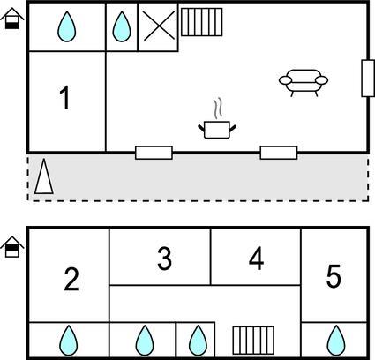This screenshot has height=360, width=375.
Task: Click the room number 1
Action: pos(64,97)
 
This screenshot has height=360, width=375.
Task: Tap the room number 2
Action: pos(71,279)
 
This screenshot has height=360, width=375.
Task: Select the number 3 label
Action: pos(164,259)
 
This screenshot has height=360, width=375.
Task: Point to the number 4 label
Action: pos(256,259)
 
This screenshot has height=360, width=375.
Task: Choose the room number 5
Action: pos(334,276)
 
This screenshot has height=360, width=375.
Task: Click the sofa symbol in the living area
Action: pos(304,83)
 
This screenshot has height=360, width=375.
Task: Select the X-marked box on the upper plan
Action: pos(158,26)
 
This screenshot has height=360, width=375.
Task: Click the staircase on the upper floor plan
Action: pos(201,22)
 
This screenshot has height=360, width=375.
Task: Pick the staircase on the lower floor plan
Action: pos(253,341)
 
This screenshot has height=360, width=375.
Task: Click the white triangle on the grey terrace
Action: pos(44,176)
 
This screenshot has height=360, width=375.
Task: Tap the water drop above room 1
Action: pos(67,26)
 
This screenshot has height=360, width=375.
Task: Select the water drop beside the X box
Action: pos(122,26)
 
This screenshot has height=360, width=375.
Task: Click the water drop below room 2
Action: pos(69,341)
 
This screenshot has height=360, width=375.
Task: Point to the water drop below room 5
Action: pos(336,341)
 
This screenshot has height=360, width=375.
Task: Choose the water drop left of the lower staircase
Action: pos(198,341)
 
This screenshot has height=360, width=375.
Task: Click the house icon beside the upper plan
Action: pos(12,19)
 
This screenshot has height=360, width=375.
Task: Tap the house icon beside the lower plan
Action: pos(12,247)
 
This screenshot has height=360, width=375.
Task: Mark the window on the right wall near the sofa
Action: pos(368,79)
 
